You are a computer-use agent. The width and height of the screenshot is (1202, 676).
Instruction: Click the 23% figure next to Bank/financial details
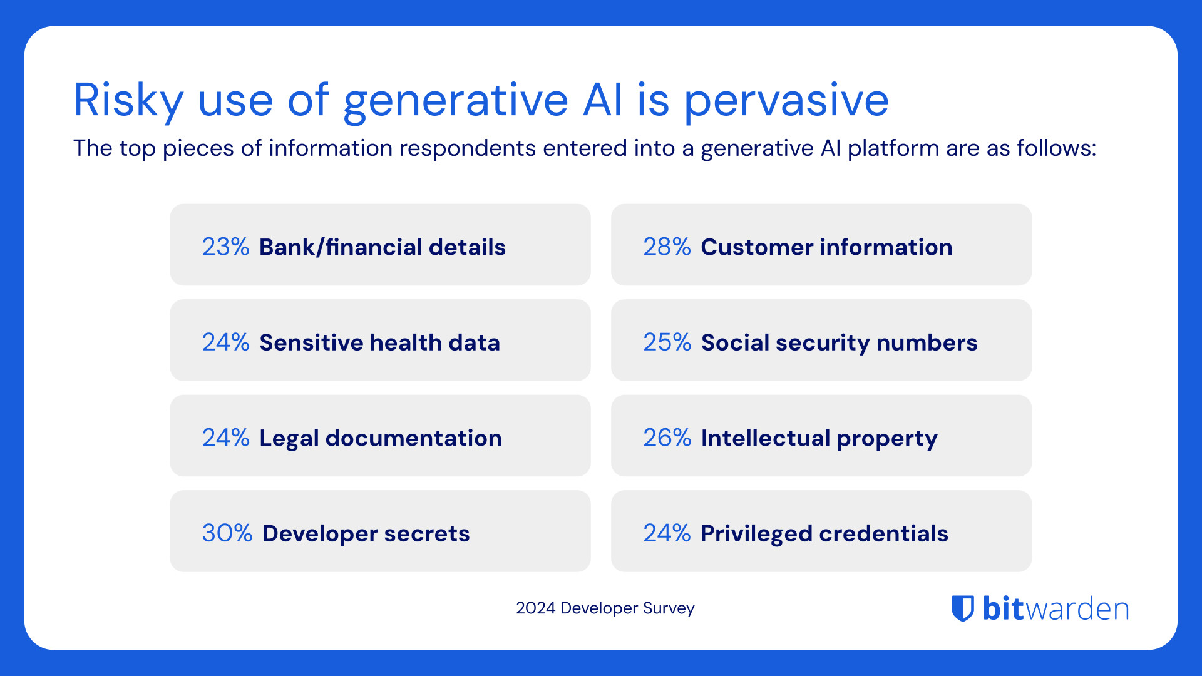(x=225, y=247)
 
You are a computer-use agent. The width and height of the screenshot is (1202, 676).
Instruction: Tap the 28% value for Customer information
(x=667, y=247)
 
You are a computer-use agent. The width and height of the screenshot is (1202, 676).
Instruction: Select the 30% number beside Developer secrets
(x=227, y=533)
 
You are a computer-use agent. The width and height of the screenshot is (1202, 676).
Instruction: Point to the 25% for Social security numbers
(x=667, y=342)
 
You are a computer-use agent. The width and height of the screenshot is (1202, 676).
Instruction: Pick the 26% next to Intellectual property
(x=667, y=438)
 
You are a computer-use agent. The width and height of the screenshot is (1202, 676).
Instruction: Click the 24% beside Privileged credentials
(x=667, y=533)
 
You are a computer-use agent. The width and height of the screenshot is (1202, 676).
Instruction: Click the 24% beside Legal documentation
(x=225, y=438)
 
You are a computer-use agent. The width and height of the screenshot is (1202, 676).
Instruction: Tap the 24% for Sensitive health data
(x=225, y=342)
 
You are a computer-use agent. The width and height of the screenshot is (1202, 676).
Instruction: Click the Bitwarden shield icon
(x=963, y=608)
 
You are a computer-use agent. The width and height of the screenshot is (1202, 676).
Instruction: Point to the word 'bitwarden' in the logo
(x=1056, y=608)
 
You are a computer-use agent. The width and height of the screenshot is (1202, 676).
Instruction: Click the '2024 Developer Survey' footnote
(x=605, y=608)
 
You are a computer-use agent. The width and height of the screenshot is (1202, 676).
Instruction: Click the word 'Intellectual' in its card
(x=765, y=438)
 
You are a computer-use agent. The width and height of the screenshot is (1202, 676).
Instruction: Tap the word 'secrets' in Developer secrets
(x=426, y=533)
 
